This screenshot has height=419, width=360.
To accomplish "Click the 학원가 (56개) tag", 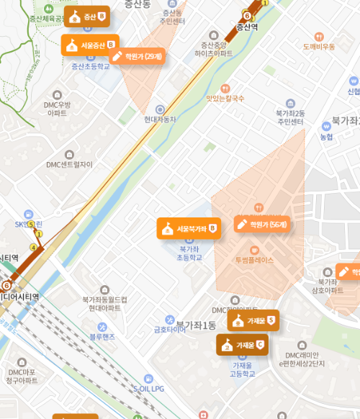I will tap(263, 224).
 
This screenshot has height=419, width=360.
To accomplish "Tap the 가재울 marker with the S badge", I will tap(253, 320).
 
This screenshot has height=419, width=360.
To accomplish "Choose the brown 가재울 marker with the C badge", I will tap(242, 345).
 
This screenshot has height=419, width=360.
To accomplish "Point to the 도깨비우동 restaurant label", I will tap(318, 47).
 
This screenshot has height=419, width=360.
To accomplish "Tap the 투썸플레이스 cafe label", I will tap(254, 260).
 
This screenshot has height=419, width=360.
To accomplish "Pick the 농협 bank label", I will tap(326, 137).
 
